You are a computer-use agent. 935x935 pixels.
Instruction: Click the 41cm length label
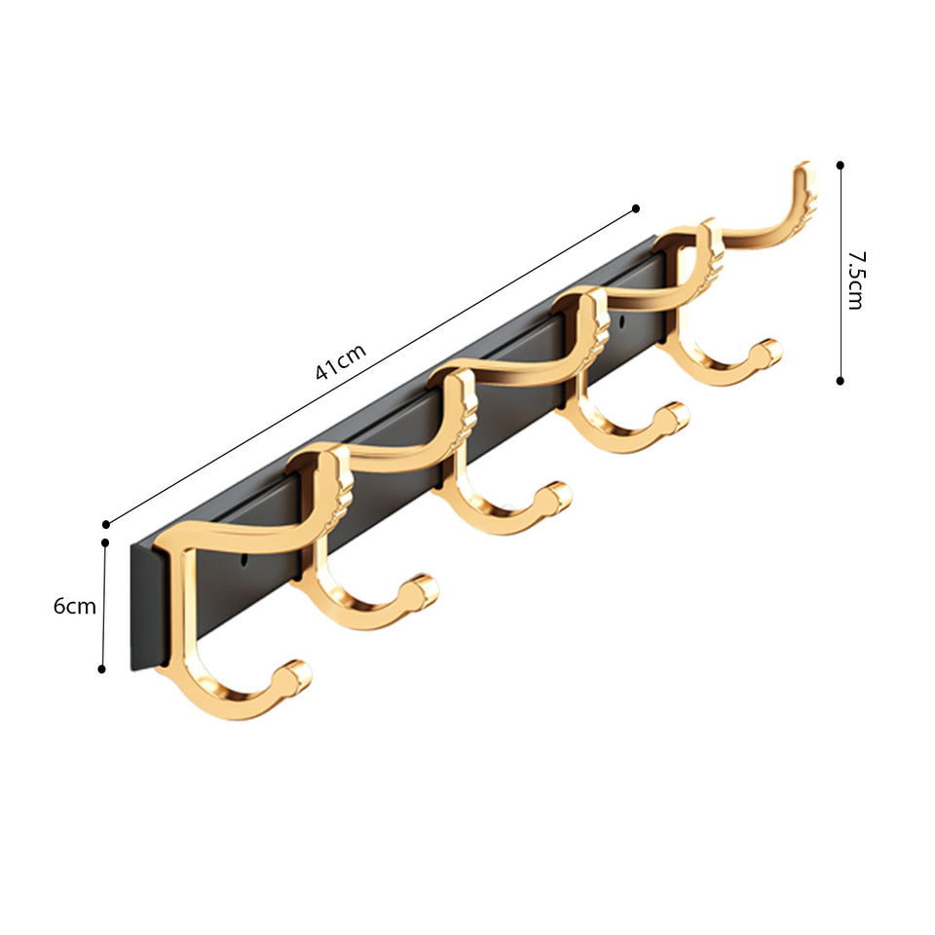click(x=340, y=361)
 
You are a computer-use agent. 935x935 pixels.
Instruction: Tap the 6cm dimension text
click(x=75, y=606)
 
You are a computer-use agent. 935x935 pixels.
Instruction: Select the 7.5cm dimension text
click(x=854, y=280)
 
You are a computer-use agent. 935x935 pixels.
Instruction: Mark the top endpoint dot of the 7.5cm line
click(x=840, y=166)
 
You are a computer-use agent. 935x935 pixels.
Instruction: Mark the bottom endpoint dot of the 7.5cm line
click(x=840, y=381)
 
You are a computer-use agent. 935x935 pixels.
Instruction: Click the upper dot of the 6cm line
click(x=105, y=542)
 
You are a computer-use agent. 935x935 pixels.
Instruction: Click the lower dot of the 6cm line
click(x=102, y=668)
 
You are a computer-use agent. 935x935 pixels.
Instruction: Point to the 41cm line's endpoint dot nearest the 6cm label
click(x=105, y=524)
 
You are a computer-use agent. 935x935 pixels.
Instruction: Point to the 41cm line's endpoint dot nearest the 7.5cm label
click(x=636, y=207)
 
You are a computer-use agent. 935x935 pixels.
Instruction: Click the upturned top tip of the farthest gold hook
click(x=804, y=175)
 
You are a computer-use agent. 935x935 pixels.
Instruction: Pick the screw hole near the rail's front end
click(x=244, y=562)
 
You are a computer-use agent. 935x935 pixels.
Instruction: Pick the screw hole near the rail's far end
click(x=621, y=319)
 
